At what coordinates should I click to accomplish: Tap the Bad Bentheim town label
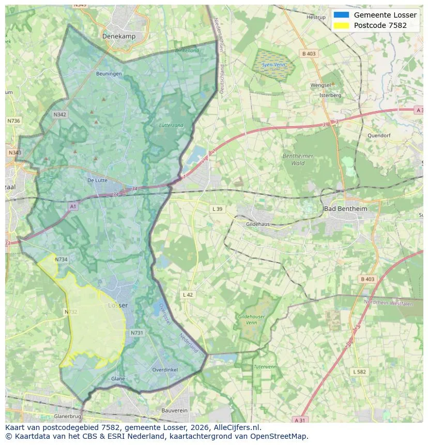pyautogui.click(x=345, y=208)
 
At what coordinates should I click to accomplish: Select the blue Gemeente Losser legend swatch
pyautogui.click(x=342, y=15)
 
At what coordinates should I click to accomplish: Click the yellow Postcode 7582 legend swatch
pyautogui.click(x=342, y=25)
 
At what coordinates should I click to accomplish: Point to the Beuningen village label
pyautogui.click(x=109, y=74)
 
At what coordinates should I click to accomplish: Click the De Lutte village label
pyautogui.click(x=97, y=180)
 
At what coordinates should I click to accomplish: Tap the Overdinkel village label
pyautogui.click(x=165, y=370)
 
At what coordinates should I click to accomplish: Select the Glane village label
pyautogui.click(x=118, y=379)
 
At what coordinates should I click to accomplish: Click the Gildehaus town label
pyautogui.click(x=258, y=224)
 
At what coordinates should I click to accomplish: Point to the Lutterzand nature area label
pyautogui.click(x=171, y=126)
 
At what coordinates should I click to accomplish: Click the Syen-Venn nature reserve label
pyautogui.click(x=273, y=65)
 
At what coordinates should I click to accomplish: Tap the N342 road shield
pyautogui.click(x=60, y=115)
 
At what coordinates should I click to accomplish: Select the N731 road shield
pyautogui.click(x=136, y=333)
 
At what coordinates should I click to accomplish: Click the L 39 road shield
pyautogui.click(x=217, y=209)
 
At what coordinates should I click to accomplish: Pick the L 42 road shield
pyautogui.click(x=188, y=295)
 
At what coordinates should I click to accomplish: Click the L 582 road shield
pyautogui.click(x=359, y=372)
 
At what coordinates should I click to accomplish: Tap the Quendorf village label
pyautogui.click(x=379, y=135)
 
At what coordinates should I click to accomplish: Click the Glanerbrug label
pyautogui.click(x=67, y=416)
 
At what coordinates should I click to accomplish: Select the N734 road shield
pyautogui.click(x=61, y=259)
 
